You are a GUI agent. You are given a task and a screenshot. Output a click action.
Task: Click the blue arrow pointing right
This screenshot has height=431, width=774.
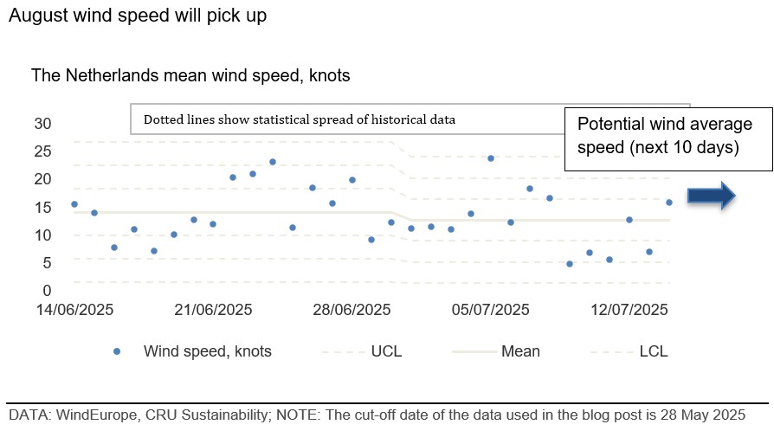[x=712, y=196]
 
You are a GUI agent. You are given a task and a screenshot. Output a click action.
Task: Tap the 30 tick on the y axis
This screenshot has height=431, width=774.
[x=42, y=124]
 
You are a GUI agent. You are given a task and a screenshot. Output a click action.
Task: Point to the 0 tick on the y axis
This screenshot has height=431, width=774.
[x=47, y=291]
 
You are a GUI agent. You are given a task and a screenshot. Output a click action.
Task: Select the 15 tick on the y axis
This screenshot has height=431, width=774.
[x=42, y=208]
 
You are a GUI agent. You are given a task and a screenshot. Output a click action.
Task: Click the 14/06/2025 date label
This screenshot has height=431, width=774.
[x=74, y=310]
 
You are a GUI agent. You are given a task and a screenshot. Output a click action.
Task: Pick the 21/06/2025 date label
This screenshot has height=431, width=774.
[x=213, y=310]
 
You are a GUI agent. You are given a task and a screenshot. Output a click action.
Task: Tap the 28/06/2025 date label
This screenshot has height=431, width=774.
[x=352, y=310]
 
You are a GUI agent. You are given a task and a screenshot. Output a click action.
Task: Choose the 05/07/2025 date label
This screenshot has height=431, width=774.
[x=491, y=310]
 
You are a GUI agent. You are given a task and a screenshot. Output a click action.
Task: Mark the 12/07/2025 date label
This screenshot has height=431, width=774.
[x=629, y=310]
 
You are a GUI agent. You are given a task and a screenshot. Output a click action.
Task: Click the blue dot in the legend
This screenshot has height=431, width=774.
[x=117, y=351]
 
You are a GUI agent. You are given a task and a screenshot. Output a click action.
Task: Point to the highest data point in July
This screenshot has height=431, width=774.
[x=491, y=158]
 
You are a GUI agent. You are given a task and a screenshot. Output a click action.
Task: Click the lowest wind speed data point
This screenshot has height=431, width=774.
[x=570, y=264]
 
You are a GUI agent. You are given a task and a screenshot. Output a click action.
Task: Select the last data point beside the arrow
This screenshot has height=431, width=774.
[x=669, y=203]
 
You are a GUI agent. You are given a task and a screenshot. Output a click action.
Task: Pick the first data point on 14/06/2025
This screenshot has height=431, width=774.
[x=74, y=204]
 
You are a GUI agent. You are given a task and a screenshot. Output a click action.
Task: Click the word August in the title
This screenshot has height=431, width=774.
[x=39, y=16]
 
